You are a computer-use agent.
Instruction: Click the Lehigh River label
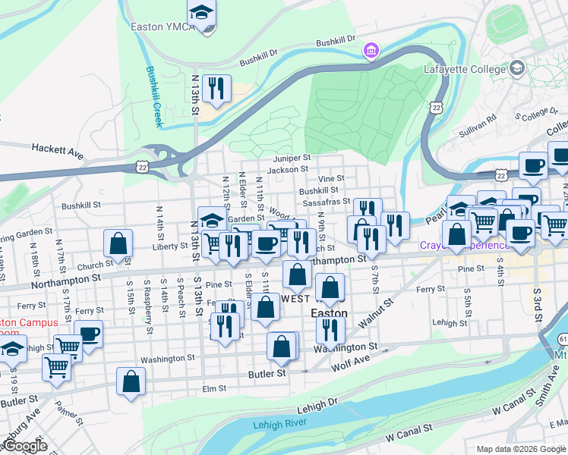tap(283, 424)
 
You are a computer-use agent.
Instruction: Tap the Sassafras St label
tap(325, 202)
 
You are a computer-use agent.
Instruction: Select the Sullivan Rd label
tap(481, 125)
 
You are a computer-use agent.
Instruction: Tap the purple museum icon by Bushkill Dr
tap(371, 51)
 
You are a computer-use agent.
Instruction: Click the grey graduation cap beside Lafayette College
tap(518, 68)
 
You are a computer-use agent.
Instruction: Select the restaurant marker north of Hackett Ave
tap(217, 88)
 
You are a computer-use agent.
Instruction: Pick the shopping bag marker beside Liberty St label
tap(118, 243)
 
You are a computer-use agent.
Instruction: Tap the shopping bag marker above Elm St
tap(131, 381)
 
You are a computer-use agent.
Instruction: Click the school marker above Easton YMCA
tap(202, 12)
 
